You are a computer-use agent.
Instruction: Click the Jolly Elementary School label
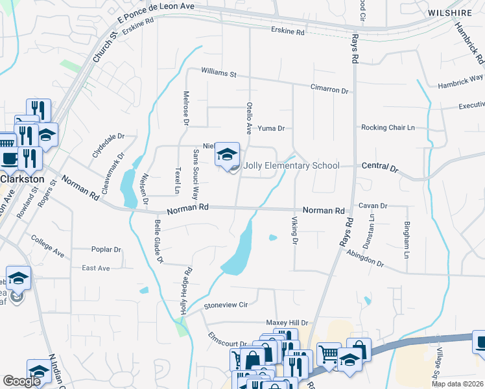(x=291, y=165)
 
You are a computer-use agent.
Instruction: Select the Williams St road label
(x=219, y=73)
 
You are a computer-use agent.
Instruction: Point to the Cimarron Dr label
(x=329, y=89)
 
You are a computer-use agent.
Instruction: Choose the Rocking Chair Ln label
(x=388, y=128)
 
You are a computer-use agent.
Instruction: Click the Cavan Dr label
(x=373, y=206)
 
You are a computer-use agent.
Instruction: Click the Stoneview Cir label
(x=226, y=304)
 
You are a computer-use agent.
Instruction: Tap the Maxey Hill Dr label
(x=287, y=322)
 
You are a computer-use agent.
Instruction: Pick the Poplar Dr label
(x=106, y=250)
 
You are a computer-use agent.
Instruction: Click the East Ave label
(x=96, y=268)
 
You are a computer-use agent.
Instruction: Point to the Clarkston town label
(x=22, y=179)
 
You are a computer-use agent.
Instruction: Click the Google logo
(x=21, y=381)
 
